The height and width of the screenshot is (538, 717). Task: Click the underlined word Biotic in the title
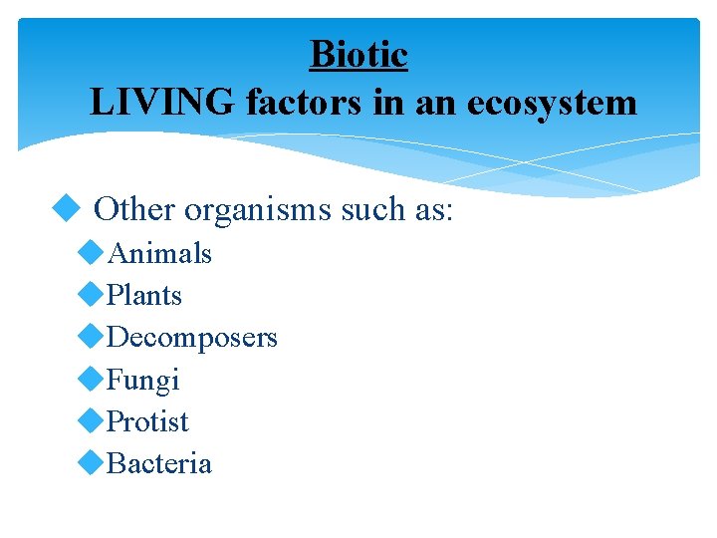[x=358, y=54]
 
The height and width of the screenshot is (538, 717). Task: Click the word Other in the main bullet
[x=134, y=210]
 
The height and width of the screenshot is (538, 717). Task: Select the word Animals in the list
[x=159, y=253]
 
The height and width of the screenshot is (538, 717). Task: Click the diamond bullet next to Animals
[x=91, y=252]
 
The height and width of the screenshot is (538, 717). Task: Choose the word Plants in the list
[x=144, y=295]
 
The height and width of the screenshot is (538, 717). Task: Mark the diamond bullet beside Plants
[x=91, y=294]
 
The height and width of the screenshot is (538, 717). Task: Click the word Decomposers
[x=192, y=338]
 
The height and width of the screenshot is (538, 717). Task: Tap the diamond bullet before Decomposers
[x=91, y=337]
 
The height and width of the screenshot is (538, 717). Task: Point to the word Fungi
[x=142, y=380]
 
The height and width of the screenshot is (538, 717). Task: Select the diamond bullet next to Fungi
[x=91, y=379]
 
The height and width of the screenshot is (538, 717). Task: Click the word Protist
[x=147, y=421]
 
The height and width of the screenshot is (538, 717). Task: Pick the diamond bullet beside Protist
[x=91, y=420]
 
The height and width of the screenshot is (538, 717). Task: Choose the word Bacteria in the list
[x=159, y=463]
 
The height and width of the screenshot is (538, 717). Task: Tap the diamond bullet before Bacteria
[x=91, y=462]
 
